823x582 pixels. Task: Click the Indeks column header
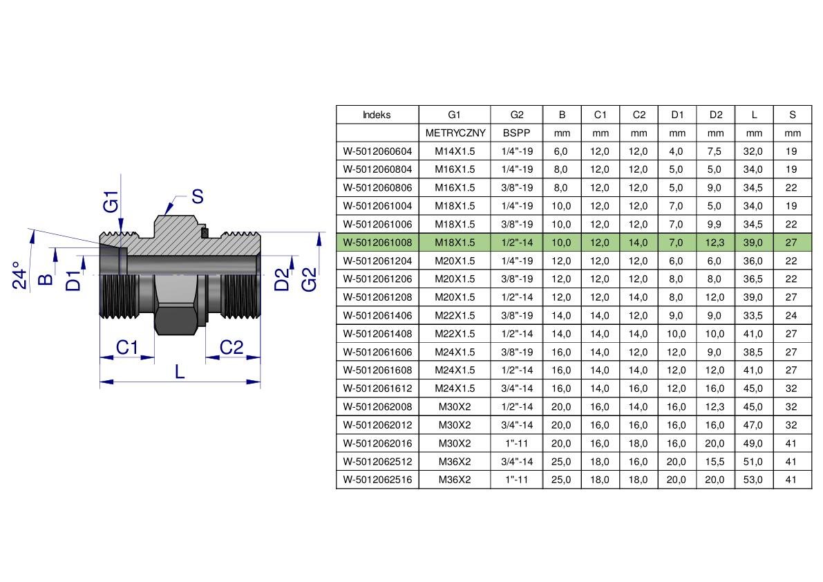[x=377, y=115]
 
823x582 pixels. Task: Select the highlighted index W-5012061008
[x=377, y=243]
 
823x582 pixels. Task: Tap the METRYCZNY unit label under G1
[x=455, y=133]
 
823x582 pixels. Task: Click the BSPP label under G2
[x=516, y=133]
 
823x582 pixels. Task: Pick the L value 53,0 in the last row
[x=753, y=480]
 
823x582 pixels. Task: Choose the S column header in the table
[x=793, y=115]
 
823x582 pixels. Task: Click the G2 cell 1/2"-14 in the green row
[x=517, y=243]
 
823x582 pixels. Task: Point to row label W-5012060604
[x=377, y=151]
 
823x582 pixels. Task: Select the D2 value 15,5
[x=715, y=462]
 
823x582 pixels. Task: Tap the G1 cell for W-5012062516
[x=455, y=480]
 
